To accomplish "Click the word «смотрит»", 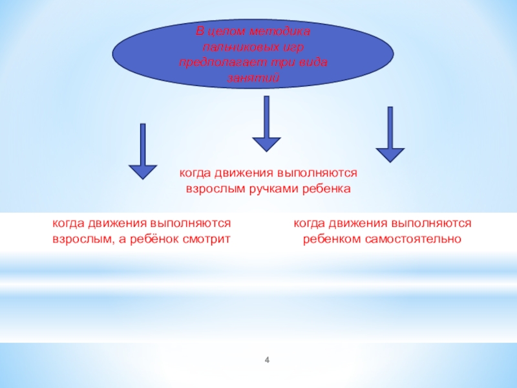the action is point(207,239).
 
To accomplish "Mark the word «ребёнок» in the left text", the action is point(158,239).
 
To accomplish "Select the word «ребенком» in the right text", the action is point(329,239).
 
